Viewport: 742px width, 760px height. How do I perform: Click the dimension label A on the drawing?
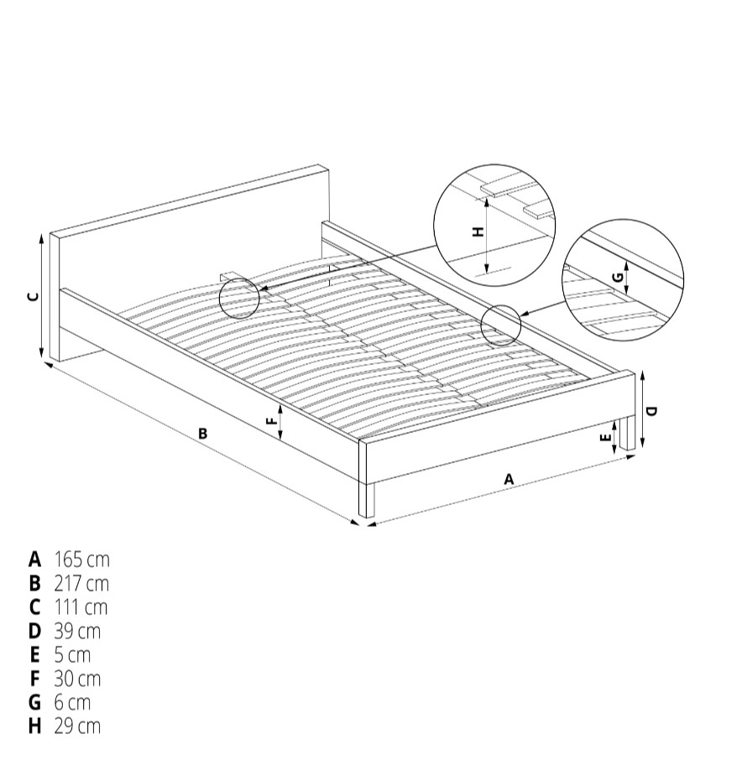[509, 479]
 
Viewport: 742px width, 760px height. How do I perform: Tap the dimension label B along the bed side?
[203, 433]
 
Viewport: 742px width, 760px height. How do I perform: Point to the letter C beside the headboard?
[33, 297]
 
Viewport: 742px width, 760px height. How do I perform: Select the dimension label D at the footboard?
[652, 411]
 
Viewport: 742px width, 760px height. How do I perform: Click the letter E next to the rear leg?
[605, 438]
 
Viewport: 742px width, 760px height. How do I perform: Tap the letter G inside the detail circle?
[618, 278]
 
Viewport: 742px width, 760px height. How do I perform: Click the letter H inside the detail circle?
[478, 232]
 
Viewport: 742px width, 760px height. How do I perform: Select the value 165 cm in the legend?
[82, 560]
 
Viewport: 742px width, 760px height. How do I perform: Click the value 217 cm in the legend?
[81, 584]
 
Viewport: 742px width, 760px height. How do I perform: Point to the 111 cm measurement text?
[81, 607]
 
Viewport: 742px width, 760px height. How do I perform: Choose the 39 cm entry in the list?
[77, 631]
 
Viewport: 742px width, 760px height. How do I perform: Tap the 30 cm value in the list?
[77, 679]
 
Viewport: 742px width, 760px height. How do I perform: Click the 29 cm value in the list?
[77, 726]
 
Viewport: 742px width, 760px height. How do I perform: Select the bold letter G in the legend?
[35, 702]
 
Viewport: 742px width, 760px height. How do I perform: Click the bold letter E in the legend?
[34, 655]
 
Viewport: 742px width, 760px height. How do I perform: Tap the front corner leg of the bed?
[367, 499]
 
